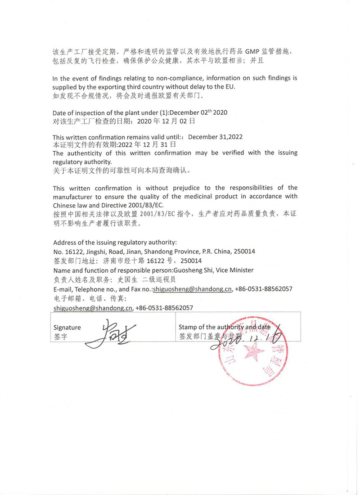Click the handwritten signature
tap(107, 333)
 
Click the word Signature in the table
tap(67, 327)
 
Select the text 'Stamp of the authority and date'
tap(224, 327)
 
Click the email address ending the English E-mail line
tap(192, 289)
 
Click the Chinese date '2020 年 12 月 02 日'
tap(166, 121)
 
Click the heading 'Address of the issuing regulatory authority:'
tap(115, 242)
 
